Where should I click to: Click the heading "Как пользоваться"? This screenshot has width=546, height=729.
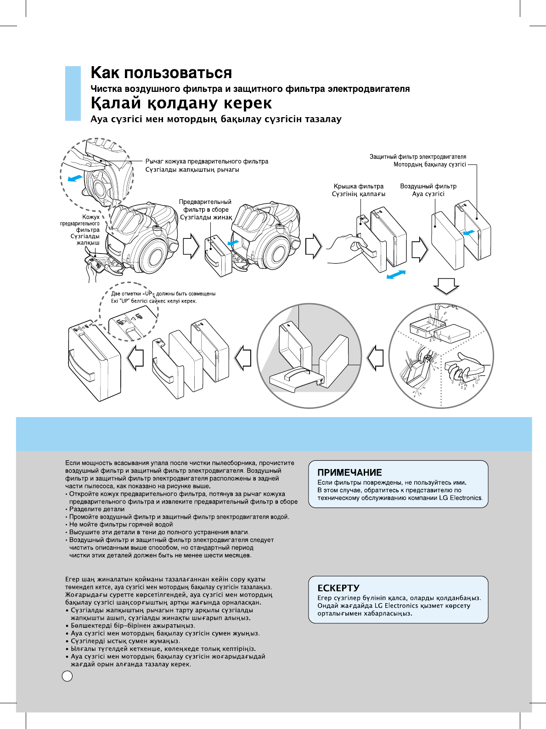coord(161,73)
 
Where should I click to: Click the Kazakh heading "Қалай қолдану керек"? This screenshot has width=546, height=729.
coord(181,103)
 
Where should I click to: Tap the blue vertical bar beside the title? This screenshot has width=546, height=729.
coord(73,93)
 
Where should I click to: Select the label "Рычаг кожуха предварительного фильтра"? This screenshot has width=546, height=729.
coord(207,161)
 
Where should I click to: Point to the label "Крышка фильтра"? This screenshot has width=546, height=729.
coord(358,186)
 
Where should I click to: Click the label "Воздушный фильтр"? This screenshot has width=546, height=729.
coord(428,186)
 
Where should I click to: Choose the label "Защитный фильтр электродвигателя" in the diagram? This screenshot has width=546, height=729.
coord(417,157)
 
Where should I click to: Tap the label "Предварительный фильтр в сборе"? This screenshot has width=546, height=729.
coord(205,206)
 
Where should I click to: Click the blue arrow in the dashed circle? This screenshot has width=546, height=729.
coord(74,178)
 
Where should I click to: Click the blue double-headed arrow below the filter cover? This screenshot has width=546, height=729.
coord(396,274)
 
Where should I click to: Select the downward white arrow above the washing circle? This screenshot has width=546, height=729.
coord(446,286)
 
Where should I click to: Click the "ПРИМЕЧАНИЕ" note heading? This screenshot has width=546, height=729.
coord(349,472)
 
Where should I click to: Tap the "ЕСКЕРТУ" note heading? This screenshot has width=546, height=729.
coord(338,588)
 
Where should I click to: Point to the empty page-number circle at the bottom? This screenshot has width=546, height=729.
coord(67,676)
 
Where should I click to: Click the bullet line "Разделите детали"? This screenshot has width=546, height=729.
coord(96,509)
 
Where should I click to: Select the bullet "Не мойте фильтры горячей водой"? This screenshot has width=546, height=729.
coord(121,524)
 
